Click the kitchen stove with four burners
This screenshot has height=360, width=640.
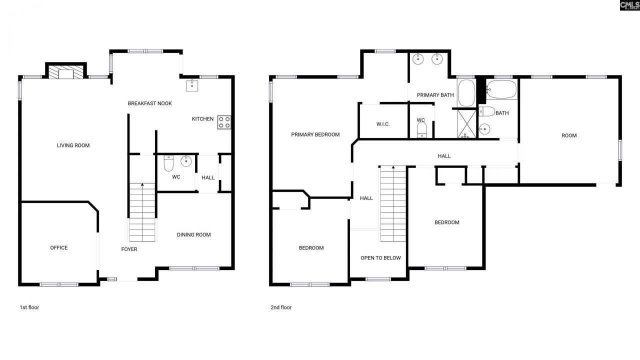[x=224, y=122]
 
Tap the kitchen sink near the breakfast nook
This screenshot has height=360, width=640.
[x=192, y=86]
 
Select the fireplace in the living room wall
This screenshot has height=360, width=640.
[x=66, y=73]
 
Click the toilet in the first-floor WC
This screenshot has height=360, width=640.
[x=168, y=163]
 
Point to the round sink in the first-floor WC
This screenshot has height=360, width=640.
[x=186, y=161]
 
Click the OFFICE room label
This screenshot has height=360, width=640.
[x=58, y=248]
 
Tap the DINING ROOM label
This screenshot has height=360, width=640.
[x=193, y=235]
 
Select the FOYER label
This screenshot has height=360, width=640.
[x=129, y=249]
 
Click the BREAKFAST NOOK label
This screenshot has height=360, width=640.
[x=149, y=103]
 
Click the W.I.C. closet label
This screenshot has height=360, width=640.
[x=383, y=124]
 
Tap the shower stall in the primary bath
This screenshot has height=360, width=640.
[x=466, y=123]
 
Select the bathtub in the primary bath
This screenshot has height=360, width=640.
[x=466, y=93]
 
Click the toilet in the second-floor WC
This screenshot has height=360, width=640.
[x=421, y=130]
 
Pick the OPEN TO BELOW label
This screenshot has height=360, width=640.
[x=380, y=258]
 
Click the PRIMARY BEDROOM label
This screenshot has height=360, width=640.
[x=315, y=134]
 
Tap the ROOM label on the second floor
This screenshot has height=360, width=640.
[x=569, y=135]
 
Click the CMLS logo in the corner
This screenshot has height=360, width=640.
[x=629, y=5]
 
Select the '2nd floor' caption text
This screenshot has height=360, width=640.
[x=281, y=307]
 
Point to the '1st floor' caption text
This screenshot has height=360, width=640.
[x=28, y=307]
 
